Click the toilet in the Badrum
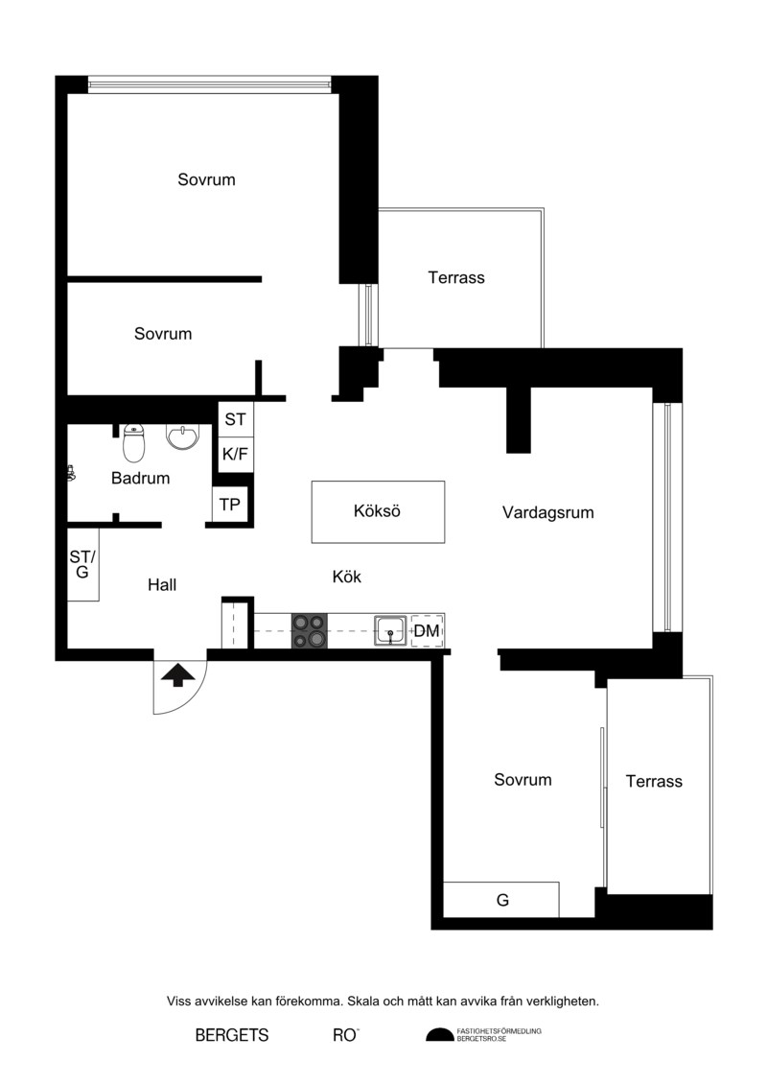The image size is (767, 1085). coord(134,443)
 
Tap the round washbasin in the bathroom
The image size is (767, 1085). coord(182,437)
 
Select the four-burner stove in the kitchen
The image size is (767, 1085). coord(309,631)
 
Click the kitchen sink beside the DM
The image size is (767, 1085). coord(391,630)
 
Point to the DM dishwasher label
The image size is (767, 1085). coord(426,631)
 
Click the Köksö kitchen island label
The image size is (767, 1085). coord(377,511)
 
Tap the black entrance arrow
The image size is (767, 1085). coord(177,674)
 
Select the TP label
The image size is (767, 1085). coord(229,506)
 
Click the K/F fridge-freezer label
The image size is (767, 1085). coord(235,455)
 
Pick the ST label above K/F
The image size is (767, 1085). coord(235,419)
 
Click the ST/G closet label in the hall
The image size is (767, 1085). coord(82,564)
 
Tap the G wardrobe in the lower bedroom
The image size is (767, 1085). coord(501,900)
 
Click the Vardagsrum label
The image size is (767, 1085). coord(547,512)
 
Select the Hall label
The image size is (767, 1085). coord(162,585)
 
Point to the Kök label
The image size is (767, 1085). coord(346,578)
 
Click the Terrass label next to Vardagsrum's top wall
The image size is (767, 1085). coord(455,277)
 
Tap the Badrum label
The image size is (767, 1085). coord(140,478)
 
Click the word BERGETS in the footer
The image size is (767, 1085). coord(232,1035)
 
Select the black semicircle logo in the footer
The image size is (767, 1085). coord(440,1035)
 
